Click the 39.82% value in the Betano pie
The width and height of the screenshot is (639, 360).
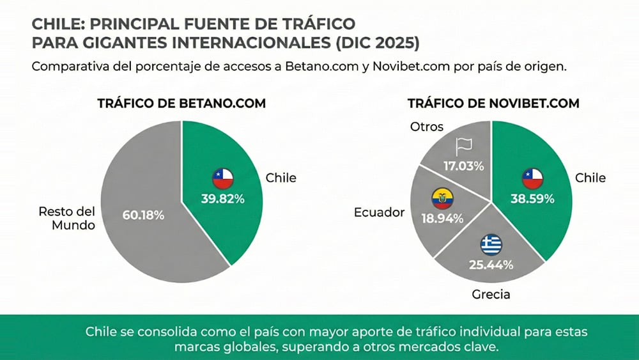coord(222,198)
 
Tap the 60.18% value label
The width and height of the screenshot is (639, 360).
coord(142,215)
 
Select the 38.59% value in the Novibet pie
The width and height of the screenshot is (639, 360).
coord(532,198)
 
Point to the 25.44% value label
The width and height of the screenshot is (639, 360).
coord(491,264)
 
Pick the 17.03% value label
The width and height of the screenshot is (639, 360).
coord(463,166)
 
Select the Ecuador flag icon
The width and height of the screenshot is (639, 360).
coord(442,198)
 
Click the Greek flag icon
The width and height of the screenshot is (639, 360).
coord(491,245)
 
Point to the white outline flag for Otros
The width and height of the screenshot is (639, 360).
coord(462,146)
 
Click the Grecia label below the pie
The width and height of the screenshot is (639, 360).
coord(491,295)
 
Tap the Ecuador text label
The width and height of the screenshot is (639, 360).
coord(380,212)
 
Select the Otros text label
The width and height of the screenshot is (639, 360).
coord(426,127)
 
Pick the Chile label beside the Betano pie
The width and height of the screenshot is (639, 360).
coord(281,177)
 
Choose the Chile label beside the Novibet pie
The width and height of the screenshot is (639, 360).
coord(590,177)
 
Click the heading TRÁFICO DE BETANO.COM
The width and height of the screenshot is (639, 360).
coord(181,104)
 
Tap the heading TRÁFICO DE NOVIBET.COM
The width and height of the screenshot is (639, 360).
coord(493,104)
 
